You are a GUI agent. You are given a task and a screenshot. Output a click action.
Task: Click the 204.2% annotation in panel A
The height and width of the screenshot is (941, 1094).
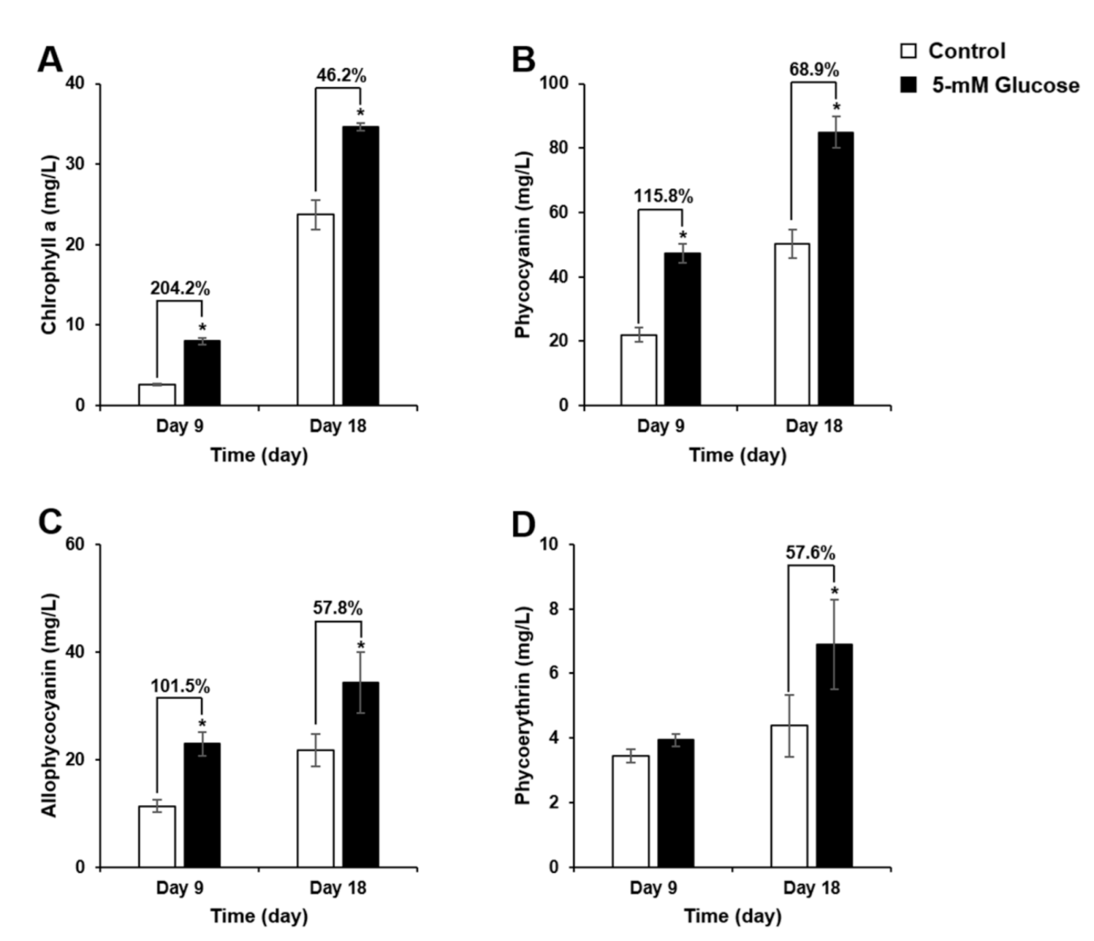tap(180, 288)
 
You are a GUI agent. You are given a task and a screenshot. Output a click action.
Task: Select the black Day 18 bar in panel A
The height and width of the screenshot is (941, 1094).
tap(360, 265)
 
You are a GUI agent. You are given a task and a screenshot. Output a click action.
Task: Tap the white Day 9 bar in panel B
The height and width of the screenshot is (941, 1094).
tap(638, 370)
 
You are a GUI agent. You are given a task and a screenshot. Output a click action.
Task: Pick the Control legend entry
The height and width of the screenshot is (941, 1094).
tap(966, 51)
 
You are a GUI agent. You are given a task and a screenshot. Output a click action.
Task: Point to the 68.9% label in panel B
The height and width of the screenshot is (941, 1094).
tap(813, 69)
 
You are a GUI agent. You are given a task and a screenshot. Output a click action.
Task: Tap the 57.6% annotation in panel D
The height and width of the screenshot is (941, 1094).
tap(810, 552)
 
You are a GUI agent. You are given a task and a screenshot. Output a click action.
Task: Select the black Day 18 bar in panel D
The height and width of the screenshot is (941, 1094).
tap(834, 754)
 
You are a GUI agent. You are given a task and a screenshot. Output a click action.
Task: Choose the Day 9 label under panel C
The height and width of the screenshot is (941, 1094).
tap(179, 887)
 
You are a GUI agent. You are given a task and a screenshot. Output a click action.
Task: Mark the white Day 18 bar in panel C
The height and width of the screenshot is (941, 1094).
tap(315, 809)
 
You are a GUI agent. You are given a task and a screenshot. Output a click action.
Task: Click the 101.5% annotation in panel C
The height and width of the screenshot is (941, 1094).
tap(180, 686)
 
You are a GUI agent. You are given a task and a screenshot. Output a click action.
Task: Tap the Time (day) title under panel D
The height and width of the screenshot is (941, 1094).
tap(733, 916)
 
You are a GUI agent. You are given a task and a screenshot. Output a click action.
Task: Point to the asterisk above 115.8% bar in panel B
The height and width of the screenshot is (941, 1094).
tap(682, 236)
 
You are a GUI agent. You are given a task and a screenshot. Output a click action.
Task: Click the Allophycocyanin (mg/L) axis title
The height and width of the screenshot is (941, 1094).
tap(49, 705)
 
